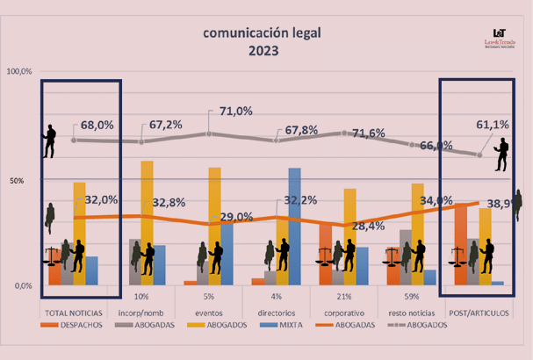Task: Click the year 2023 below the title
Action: click(x=263, y=50)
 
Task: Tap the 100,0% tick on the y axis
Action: click(x=19, y=71)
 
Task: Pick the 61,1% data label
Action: click(x=492, y=125)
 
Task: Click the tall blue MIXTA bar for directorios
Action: click(x=294, y=226)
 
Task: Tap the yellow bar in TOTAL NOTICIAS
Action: click(x=79, y=233)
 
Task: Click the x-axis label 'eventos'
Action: click(x=208, y=313)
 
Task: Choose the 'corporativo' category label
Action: click(x=343, y=313)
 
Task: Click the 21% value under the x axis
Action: click(x=343, y=296)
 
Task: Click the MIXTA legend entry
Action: click(x=290, y=324)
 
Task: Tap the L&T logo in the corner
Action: click(x=500, y=35)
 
